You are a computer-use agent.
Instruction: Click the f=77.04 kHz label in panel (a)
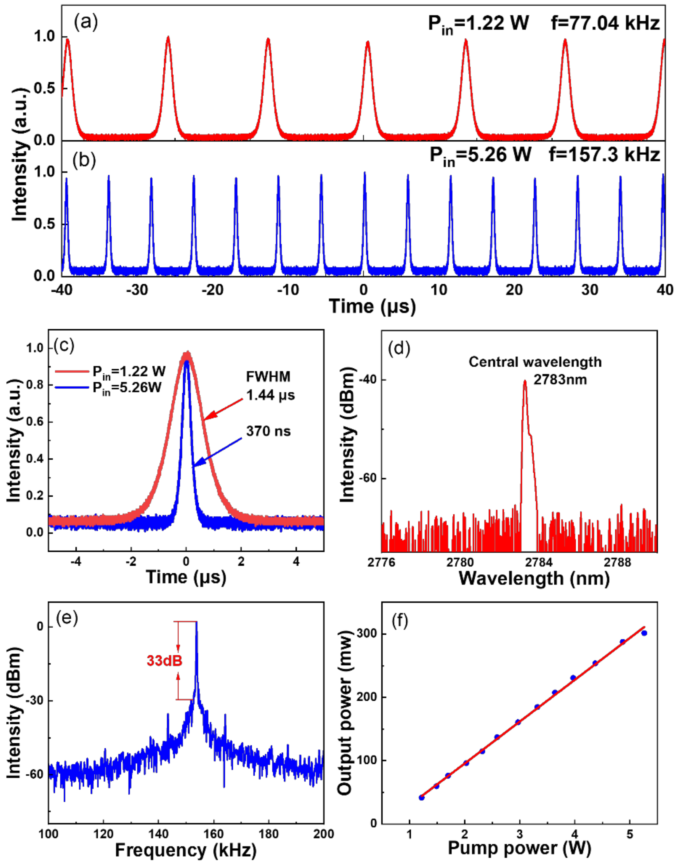pos(605,24)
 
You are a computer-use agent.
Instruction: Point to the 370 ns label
pos(268,431)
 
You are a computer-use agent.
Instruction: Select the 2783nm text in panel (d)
pos(560,380)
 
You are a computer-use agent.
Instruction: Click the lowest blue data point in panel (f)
pos(422,798)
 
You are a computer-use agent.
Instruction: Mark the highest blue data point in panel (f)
pos(644,633)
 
